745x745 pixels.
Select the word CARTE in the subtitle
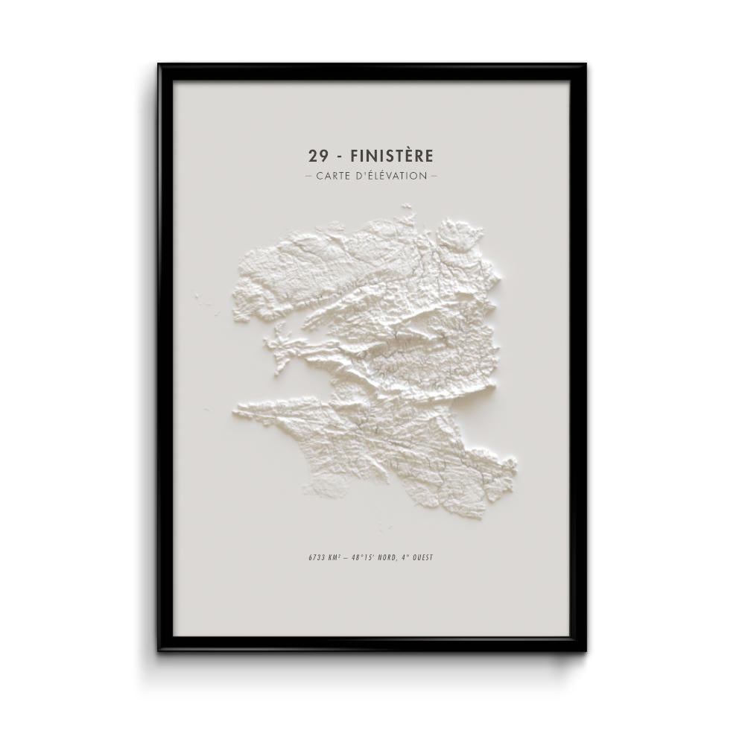click(x=334, y=176)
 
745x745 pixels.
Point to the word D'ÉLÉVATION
click(x=392, y=176)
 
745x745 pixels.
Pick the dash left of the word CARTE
click(x=309, y=177)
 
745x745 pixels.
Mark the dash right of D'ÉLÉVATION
click(x=434, y=177)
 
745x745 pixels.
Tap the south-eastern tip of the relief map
click(x=513, y=466)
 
